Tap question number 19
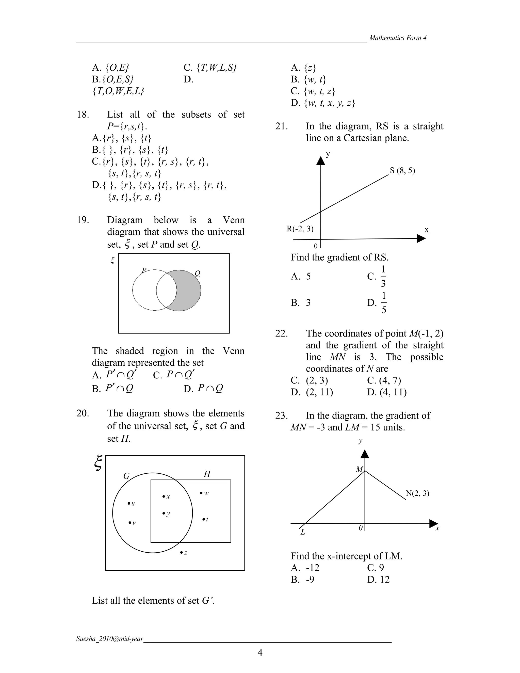click(83, 220)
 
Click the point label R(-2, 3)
click(300, 229)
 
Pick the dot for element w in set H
click(201, 493)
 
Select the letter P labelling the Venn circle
click(143, 270)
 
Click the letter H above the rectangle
click(207, 474)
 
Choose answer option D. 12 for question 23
click(378, 580)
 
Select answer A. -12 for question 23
click(305, 568)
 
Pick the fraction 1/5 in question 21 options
click(384, 303)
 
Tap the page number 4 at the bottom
click(260, 653)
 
